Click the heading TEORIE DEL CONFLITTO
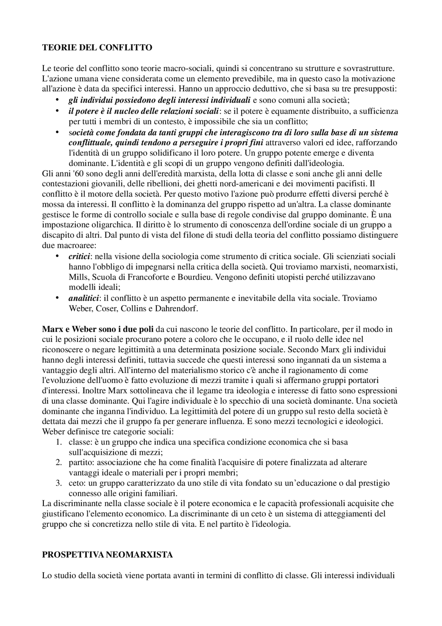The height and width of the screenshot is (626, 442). click(x=97, y=48)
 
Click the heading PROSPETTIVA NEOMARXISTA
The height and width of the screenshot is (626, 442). click(x=107, y=555)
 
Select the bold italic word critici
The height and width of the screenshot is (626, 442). click(x=79, y=256)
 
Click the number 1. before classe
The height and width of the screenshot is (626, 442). click(x=59, y=442)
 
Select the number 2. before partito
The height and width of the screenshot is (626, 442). click(x=59, y=462)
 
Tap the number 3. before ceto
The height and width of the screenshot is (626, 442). click(x=59, y=483)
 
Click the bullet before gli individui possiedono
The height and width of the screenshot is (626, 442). click(x=57, y=101)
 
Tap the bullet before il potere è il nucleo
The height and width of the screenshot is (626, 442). click(x=57, y=111)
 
